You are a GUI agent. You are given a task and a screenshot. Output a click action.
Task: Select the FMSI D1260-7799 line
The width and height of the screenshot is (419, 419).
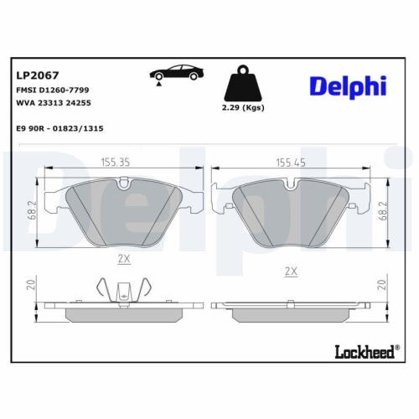pos(53,88)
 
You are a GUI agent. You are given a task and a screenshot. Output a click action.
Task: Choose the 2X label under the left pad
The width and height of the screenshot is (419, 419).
pos(124,260)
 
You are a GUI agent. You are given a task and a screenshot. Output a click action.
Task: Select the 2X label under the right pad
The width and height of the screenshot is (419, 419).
pos(292,272)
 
